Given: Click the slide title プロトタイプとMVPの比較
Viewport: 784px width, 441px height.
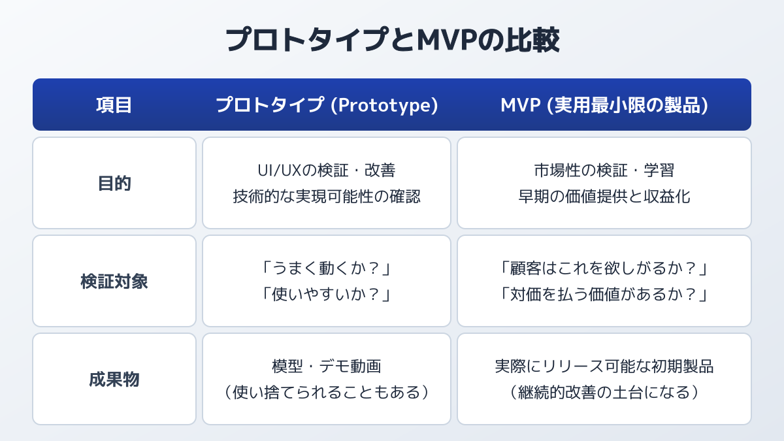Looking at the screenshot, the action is click(393, 40).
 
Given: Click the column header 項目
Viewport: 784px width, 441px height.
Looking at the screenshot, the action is click(114, 105).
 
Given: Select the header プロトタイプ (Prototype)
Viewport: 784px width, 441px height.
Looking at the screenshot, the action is click(327, 105).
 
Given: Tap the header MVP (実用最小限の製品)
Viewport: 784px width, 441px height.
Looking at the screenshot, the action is click(604, 105).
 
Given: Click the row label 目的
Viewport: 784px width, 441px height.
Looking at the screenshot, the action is click(114, 184).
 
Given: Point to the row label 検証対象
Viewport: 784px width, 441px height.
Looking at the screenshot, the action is click(114, 282).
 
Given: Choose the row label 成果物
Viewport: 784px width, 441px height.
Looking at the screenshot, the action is click(114, 380).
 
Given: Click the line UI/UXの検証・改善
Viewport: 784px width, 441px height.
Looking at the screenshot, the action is click(327, 171).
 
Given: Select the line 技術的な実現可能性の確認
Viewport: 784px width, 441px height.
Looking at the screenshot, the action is click(327, 197).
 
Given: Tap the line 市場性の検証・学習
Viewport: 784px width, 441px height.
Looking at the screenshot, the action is click(604, 171).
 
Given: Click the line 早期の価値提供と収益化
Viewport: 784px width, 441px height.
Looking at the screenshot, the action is click(604, 197).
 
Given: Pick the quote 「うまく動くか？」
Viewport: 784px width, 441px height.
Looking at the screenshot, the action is click(327, 269).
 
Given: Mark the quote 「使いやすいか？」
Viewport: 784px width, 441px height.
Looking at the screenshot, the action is click(327, 295).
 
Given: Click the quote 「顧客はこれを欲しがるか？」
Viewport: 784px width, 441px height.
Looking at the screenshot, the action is click(604, 269).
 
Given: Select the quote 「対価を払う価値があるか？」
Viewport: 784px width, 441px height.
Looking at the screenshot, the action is click(604, 295).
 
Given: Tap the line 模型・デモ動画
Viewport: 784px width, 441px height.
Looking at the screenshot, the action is click(327, 367).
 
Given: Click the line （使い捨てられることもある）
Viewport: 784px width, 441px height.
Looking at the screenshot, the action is click(327, 393).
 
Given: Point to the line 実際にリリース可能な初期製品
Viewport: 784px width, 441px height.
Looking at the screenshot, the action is click(604, 367).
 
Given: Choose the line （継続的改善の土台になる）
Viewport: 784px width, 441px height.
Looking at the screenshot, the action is click(604, 393).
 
